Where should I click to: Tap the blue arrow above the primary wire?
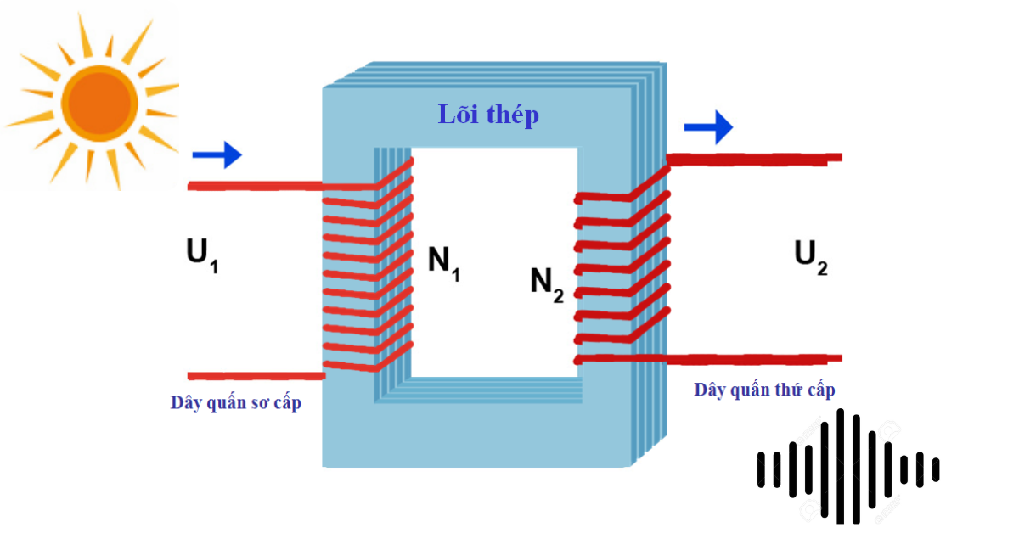(x=217, y=155)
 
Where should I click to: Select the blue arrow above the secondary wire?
(x=708, y=127)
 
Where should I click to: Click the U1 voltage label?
(x=202, y=255)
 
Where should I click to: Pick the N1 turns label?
(x=443, y=262)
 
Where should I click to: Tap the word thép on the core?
(x=512, y=115)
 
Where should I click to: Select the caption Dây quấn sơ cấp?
(x=235, y=402)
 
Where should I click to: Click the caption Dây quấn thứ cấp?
(x=764, y=390)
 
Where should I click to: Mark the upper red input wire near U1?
(x=255, y=186)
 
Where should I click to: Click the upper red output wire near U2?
(x=756, y=158)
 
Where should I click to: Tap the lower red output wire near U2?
(x=756, y=359)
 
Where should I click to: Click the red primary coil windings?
(x=367, y=272)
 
